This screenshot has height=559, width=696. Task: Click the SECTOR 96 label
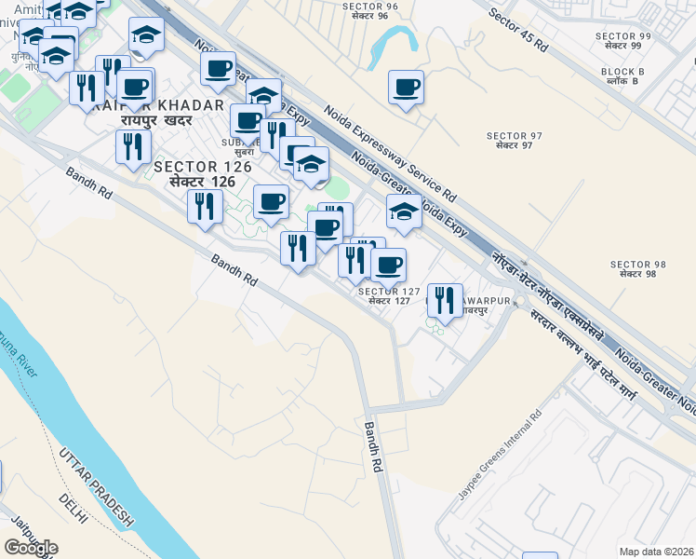[370, 6]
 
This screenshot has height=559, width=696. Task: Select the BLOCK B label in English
[622, 71]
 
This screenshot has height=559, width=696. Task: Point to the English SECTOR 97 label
[508, 136]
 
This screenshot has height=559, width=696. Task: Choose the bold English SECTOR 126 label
[203, 166]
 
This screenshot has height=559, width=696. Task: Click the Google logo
[31, 548]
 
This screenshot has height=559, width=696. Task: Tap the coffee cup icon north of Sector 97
[406, 89]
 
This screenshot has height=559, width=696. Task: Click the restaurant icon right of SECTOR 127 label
[446, 300]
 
